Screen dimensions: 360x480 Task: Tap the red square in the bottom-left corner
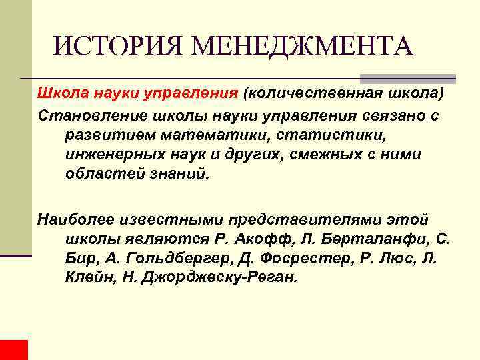(14, 349)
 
